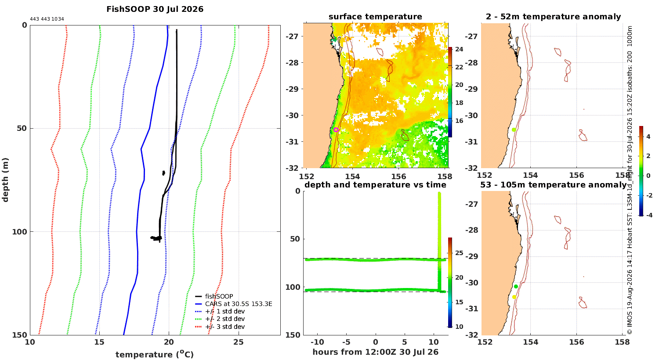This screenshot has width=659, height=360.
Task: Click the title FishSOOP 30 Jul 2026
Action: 155,9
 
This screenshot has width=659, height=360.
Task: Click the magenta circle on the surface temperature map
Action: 336,130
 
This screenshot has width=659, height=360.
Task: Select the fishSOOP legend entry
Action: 214,296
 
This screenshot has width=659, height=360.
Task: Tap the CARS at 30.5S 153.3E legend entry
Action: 234,304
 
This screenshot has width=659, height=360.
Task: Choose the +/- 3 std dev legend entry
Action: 220,327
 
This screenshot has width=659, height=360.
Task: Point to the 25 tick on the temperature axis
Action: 238,342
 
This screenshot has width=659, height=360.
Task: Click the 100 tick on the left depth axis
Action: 19,232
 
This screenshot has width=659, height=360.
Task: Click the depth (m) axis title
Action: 5,180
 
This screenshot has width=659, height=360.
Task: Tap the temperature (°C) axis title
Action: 155,354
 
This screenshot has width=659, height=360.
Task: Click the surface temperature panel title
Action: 375,17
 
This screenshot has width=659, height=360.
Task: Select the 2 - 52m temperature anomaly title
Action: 554,17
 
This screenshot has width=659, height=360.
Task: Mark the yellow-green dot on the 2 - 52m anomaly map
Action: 514,130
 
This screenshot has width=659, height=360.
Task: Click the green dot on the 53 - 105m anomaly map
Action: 516,287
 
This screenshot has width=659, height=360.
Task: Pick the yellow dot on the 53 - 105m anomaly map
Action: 514,297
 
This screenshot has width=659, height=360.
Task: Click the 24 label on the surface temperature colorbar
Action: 459,49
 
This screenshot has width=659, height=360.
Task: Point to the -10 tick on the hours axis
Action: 317,342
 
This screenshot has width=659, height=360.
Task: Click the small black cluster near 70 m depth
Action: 163,173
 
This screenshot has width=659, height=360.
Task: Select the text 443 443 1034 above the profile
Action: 47,19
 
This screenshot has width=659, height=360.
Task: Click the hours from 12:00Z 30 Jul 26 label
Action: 375,352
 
